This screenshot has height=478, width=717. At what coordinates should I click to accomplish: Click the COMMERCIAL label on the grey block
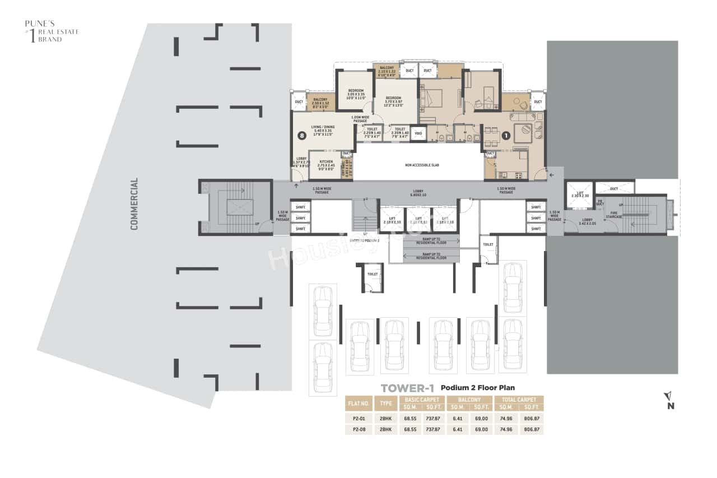point(134,204)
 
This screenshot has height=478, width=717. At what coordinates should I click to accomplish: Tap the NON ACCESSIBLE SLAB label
point(420,165)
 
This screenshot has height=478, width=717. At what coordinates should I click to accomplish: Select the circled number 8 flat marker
point(302,135)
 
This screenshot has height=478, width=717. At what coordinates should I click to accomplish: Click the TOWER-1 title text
point(407,388)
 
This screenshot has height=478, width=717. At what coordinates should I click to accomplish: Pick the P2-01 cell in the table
point(360,418)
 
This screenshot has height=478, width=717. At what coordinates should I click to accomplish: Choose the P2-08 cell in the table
point(360,430)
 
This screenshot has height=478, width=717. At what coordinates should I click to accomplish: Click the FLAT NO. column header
point(360,403)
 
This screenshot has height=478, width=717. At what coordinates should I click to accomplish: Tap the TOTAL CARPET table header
point(519,400)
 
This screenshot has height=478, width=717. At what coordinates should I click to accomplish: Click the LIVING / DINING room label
point(323,131)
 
